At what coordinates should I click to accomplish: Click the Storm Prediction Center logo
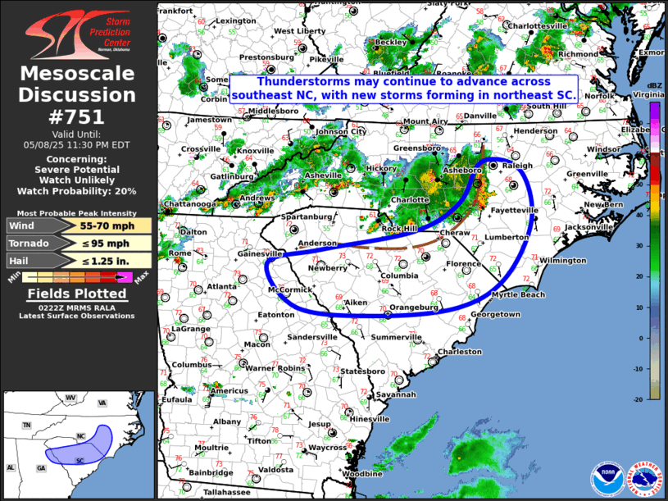pos(78,34)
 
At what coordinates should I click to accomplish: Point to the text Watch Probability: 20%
pos(78,191)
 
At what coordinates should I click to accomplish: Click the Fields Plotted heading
pos(78,294)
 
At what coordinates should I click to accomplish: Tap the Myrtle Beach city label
pos(518,294)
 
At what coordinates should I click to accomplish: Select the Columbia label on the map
pos(399,276)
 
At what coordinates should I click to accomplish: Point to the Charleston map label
pos(459,352)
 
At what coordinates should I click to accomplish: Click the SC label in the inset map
pos(80,460)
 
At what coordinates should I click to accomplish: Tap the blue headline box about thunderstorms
pos(404,89)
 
